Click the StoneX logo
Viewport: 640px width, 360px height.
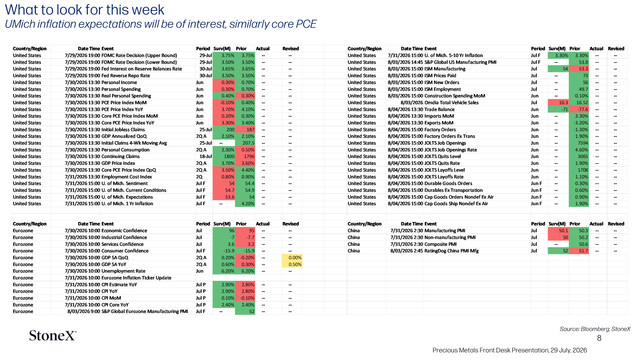pyautogui.click(x=52, y=336)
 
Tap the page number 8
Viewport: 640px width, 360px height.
pyautogui.click(x=599, y=338)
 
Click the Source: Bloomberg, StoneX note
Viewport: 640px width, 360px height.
pyautogui.click(x=595, y=329)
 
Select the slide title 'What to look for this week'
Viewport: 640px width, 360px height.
pyautogui.click(x=84, y=10)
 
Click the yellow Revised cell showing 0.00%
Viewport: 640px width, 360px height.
pyautogui.click(x=292, y=258)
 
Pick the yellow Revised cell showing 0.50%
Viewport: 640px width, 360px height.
pyautogui.click(x=292, y=264)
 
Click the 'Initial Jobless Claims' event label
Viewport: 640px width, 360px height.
pyautogui.click(x=123, y=130)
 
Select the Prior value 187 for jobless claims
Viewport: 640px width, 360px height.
pyautogui.click(x=245, y=130)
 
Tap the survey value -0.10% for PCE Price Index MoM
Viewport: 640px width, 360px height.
pyautogui.click(x=224, y=102)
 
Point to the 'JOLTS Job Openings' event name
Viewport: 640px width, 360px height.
pyautogui.click(x=445, y=143)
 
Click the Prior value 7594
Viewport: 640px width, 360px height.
pyautogui.click(x=579, y=143)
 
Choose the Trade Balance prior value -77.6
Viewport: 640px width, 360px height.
pyautogui.click(x=579, y=110)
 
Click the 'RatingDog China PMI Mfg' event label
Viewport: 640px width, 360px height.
pyautogui.click(x=452, y=251)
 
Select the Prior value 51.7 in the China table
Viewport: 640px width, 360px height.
pyautogui.click(x=579, y=251)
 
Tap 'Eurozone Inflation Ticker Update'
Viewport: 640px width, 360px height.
pyautogui.click(x=136, y=278)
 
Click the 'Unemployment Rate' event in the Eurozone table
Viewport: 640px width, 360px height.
pyautogui.click(x=124, y=271)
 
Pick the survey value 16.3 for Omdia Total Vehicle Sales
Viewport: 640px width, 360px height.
pyautogui.click(x=558, y=102)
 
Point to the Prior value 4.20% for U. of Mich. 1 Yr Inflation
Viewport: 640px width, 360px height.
pyautogui.click(x=245, y=204)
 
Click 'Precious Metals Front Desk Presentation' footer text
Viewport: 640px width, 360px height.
pyautogui.click(x=490, y=350)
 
